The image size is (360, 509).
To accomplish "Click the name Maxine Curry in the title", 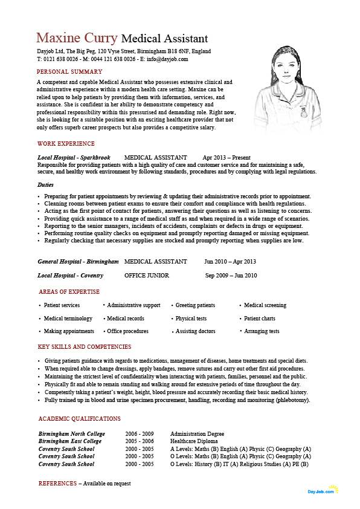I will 77,37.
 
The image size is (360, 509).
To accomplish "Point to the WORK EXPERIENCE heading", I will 66,144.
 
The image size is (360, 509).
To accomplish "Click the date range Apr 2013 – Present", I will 227,157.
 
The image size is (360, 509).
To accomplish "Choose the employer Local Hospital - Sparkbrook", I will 74,157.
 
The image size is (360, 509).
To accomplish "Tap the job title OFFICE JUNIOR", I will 147,276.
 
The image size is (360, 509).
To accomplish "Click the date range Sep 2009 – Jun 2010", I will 231,276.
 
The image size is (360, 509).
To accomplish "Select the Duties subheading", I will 45,184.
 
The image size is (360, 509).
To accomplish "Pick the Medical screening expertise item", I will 265,305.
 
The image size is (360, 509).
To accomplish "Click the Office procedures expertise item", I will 127,331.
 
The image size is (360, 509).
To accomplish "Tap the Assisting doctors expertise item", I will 195,331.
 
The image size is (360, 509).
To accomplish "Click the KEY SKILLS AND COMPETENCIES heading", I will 84,347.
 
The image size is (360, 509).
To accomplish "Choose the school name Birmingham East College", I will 70,441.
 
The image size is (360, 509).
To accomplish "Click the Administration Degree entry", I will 197,434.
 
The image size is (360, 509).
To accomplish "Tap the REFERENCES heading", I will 57,484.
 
